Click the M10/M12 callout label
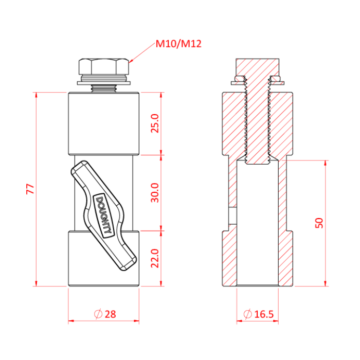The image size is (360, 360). (x=178, y=44)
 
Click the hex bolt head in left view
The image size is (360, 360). (x=104, y=67)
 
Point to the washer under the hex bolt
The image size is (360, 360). (x=104, y=82)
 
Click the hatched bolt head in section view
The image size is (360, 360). (x=258, y=67)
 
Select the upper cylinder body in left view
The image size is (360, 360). (x=104, y=123)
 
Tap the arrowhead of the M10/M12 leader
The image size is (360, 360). (x=131, y=62)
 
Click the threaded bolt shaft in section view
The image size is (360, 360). (x=258, y=123)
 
